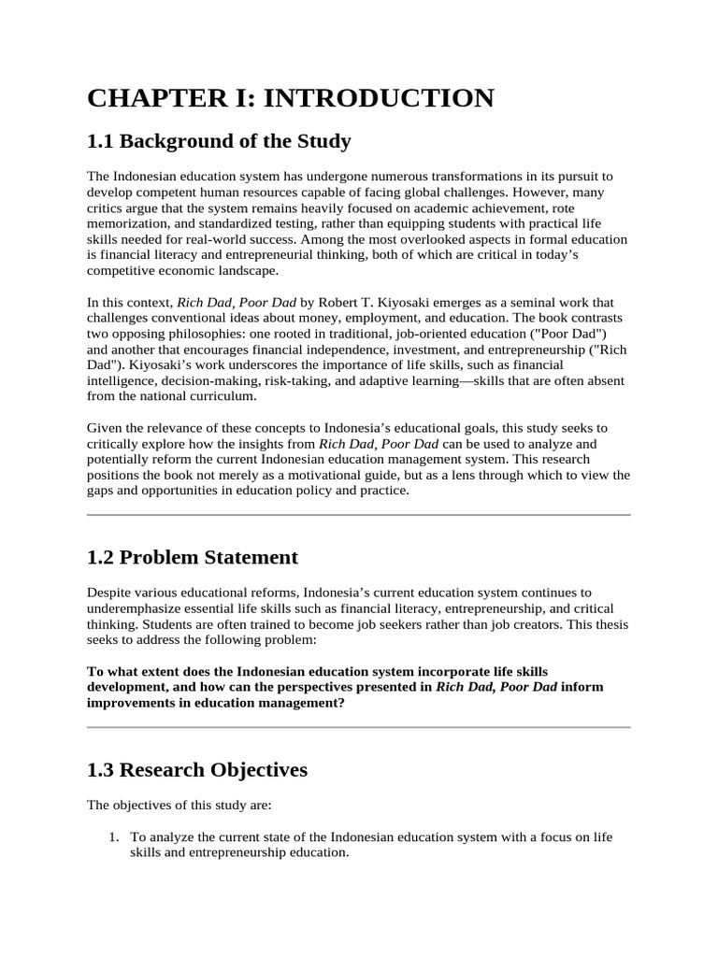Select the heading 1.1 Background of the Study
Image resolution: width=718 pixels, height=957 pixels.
click(x=219, y=141)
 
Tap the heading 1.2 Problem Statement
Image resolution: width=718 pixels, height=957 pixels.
click(x=192, y=557)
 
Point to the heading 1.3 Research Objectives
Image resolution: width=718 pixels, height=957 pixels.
click(x=196, y=770)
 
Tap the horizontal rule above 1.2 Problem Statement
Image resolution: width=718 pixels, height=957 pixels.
click(x=359, y=514)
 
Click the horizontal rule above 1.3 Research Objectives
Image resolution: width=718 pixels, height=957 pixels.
click(x=359, y=727)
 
